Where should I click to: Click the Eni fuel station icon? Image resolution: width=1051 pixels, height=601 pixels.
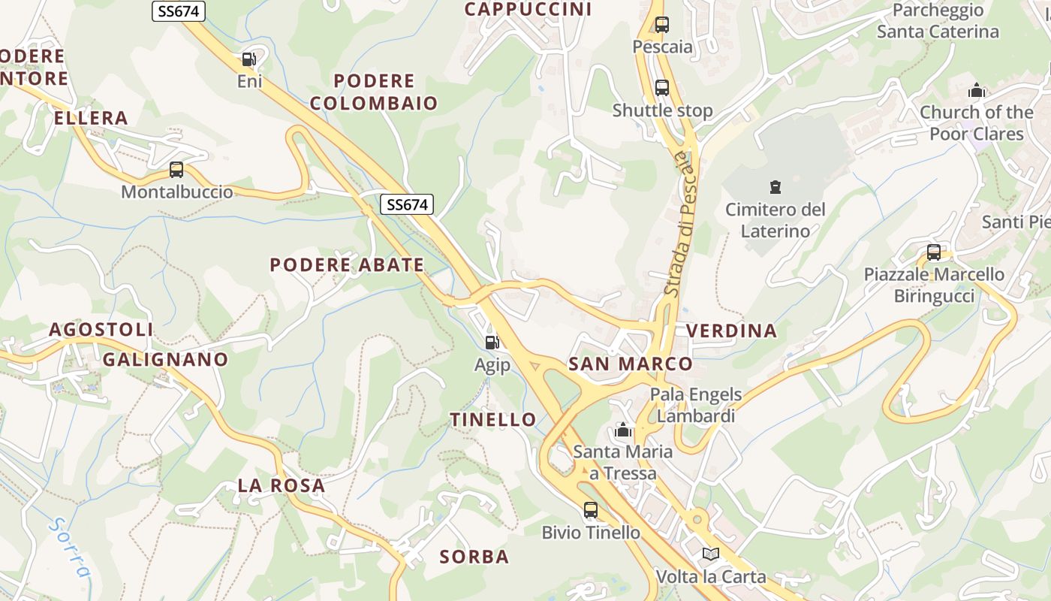[248, 59]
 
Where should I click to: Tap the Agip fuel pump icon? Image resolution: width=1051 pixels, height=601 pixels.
[492, 343]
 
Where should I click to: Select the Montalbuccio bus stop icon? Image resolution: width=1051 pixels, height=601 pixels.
[176, 170]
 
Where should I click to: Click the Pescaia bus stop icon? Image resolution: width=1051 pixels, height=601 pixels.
[661, 24]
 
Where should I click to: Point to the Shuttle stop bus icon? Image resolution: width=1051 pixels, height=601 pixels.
[661, 88]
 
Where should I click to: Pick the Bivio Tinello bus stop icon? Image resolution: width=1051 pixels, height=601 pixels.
[591, 510]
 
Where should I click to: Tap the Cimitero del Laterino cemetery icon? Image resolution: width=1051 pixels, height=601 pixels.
[775, 186]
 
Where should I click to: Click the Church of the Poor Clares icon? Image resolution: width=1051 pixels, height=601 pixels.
[976, 90]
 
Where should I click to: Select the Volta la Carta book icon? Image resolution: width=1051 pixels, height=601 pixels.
[710, 554]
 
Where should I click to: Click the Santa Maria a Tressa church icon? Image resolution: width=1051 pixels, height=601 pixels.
[622, 430]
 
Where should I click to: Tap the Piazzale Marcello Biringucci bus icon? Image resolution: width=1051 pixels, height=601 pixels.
[933, 252]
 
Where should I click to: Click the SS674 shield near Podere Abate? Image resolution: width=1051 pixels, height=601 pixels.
[407, 204]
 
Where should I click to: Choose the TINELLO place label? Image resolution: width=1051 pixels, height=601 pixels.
[493, 420]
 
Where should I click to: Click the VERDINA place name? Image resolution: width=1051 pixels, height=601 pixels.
[731, 331]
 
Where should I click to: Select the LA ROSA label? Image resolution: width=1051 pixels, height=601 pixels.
[282, 485]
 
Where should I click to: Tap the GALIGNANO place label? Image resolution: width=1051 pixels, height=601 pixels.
[165, 359]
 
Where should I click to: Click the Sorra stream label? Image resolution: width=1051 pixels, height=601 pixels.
[69, 546]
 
